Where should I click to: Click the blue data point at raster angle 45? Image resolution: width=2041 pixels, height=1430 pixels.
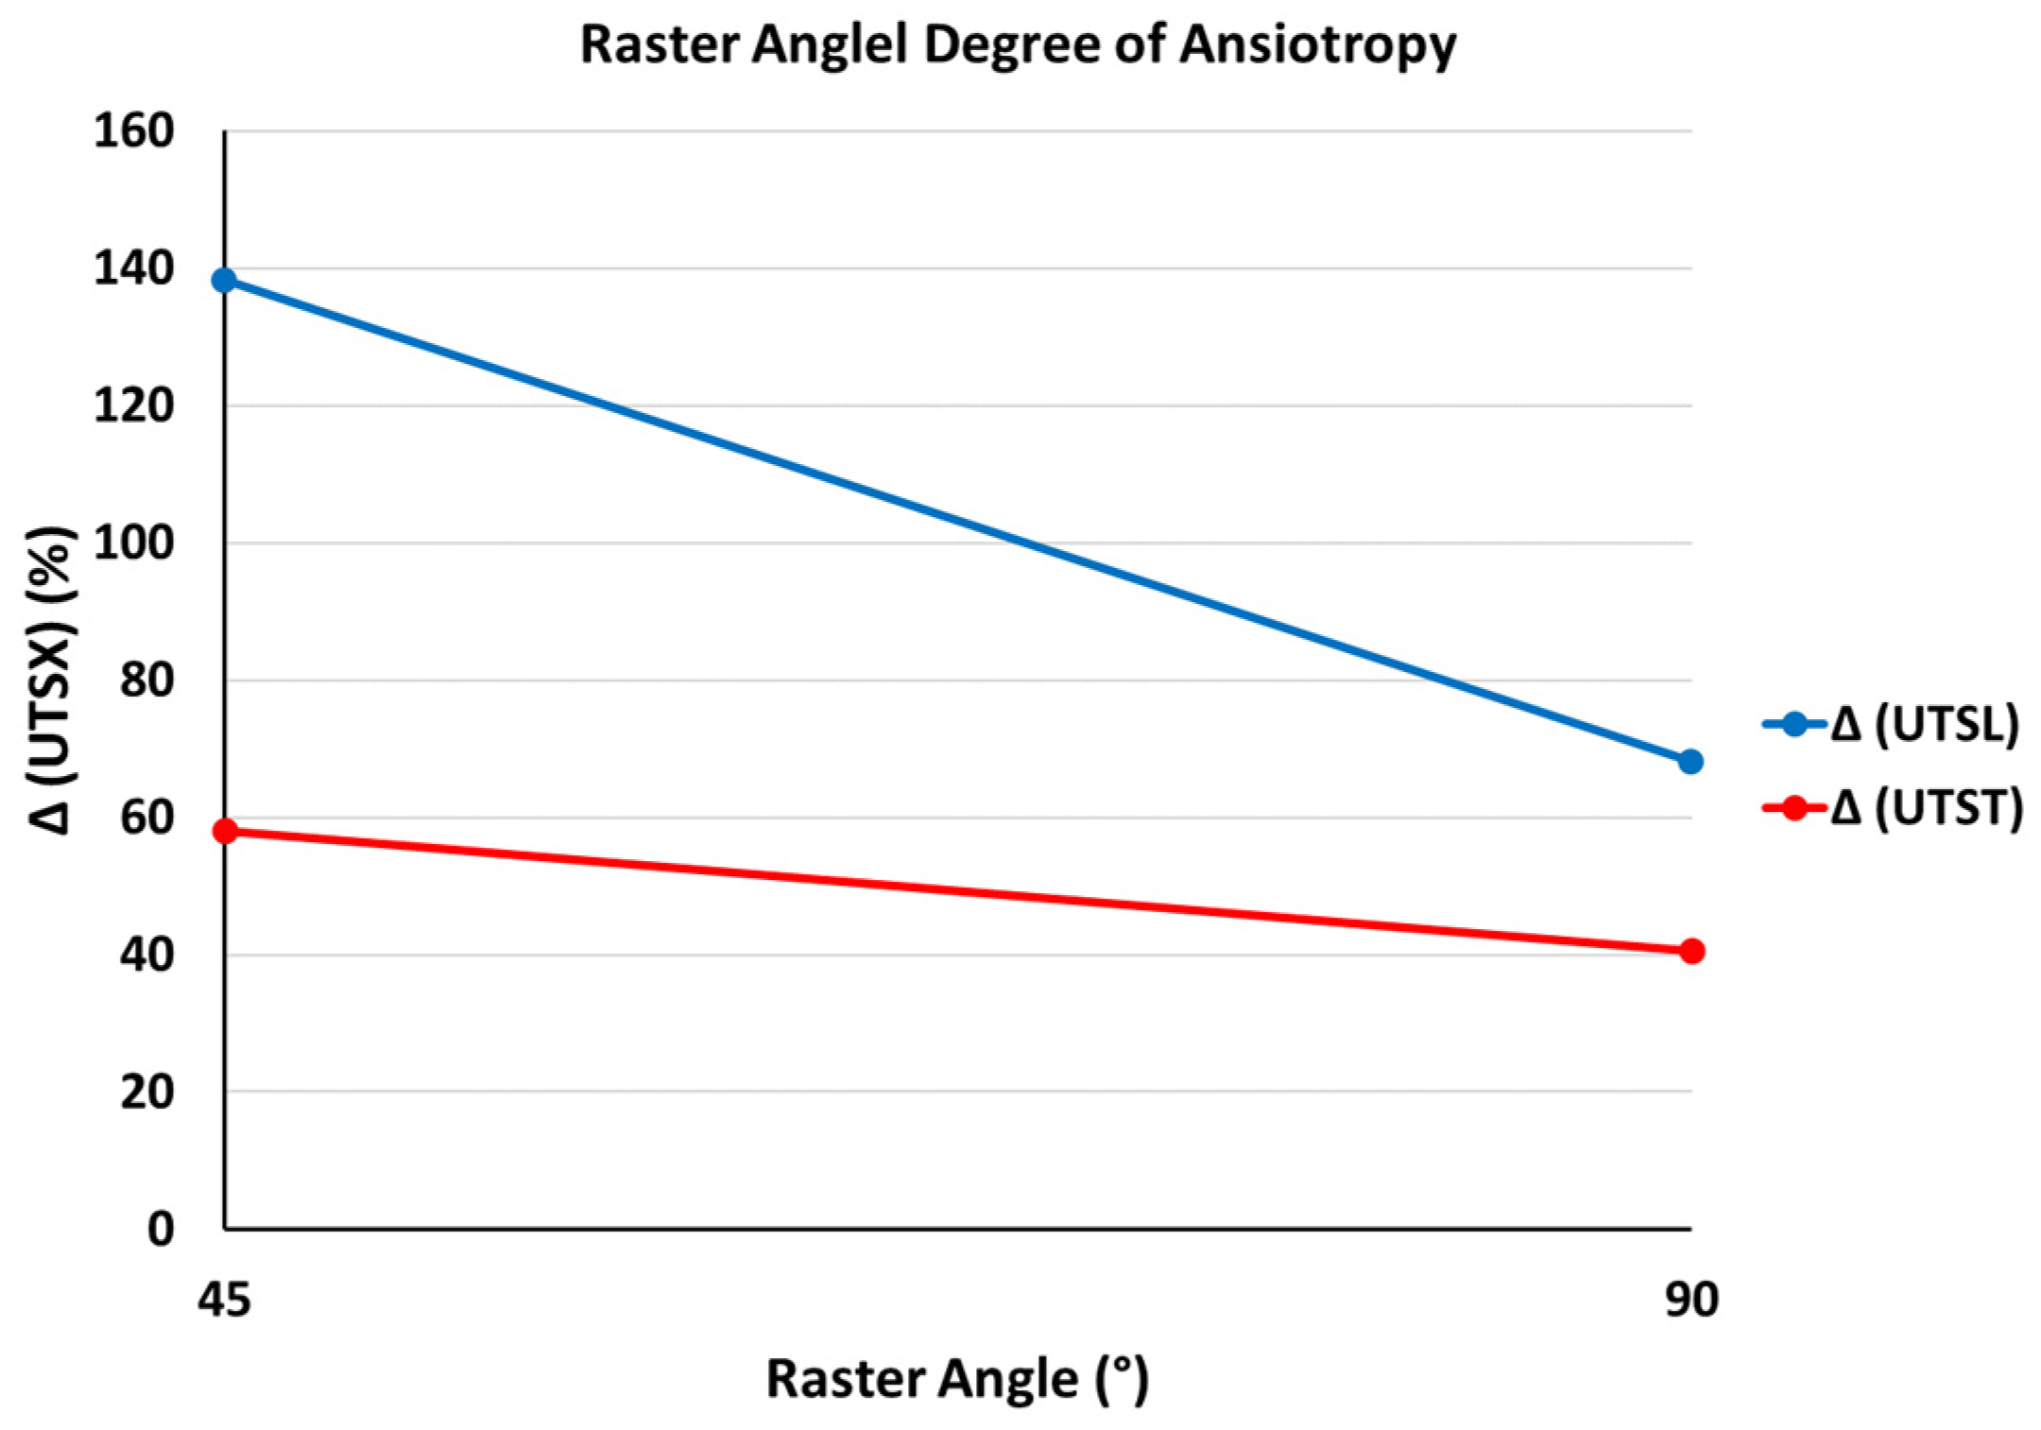click(x=224, y=281)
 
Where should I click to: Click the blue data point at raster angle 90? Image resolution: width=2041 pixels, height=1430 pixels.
click(x=1690, y=761)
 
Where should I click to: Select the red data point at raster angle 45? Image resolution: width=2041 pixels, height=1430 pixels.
click(x=225, y=832)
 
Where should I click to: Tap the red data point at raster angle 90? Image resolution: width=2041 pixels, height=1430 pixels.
click(x=1691, y=951)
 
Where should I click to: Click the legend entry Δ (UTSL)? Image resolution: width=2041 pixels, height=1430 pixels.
click(x=1924, y=725)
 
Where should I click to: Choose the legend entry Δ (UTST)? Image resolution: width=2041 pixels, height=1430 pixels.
click(x=1926, y=808)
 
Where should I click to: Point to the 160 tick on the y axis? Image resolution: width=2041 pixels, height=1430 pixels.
click(x=133, y=130)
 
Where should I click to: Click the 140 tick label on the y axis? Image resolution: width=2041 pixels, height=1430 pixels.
click(x=133, y=268)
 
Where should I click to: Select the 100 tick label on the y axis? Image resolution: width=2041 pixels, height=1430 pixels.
click(x=133, y=543)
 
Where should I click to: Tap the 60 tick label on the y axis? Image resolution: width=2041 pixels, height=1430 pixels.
click(x=146, y=818)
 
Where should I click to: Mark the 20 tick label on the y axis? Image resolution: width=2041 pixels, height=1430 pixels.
click(x=146, y=1093)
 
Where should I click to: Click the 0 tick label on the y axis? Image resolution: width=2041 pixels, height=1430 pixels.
click(x=161, y=1230)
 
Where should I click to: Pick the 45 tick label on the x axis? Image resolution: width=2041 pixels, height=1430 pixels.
click(x=224, y=1301)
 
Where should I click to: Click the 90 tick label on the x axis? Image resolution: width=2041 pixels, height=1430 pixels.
click(x=1691, y=1301)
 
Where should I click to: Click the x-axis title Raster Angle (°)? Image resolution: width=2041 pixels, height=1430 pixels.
click(x=956, y=1379)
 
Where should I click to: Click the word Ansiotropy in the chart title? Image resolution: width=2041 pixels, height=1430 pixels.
click(x=1317, y=45)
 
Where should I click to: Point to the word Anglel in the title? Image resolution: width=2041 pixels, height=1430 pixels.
click(x=830, y=45)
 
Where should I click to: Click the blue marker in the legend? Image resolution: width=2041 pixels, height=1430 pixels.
click(x=1793, y=725)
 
